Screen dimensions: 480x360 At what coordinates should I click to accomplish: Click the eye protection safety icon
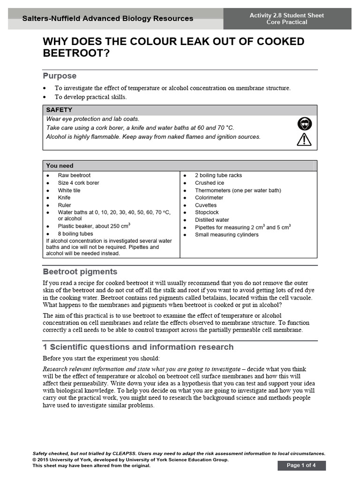coord(304,124)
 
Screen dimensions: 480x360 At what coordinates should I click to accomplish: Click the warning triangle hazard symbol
coord(304,139)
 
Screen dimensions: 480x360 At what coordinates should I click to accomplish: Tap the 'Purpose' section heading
coord(60,76)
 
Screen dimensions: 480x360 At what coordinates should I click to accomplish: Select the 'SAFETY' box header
coord(59,110)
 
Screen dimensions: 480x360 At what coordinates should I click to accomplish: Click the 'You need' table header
coord(60,165)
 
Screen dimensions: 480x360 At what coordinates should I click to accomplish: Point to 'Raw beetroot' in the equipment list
coord(74,175)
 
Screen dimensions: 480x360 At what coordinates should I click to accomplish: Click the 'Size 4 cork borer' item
coord(78,183)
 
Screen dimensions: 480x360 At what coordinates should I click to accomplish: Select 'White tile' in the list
coord(69,190)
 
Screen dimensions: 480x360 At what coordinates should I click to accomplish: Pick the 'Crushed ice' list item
coord(210,183)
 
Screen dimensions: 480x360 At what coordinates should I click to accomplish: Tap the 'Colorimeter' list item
coord(209,198)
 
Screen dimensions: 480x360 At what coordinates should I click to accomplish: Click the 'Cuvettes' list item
coord(206,205)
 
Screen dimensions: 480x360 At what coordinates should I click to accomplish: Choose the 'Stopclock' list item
coord(207,212)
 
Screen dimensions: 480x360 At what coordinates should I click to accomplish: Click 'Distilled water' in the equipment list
coord(212,220)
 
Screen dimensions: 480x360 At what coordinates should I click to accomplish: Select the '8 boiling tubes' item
coord(75,233)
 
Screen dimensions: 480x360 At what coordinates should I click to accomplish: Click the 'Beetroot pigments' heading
coord(80,272)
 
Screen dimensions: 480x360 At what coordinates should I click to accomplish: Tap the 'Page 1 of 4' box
coord(301,465)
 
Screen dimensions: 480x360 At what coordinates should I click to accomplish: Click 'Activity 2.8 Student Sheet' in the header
coord(287,15)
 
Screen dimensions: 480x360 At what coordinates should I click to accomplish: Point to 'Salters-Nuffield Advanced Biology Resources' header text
coord(108,19)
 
